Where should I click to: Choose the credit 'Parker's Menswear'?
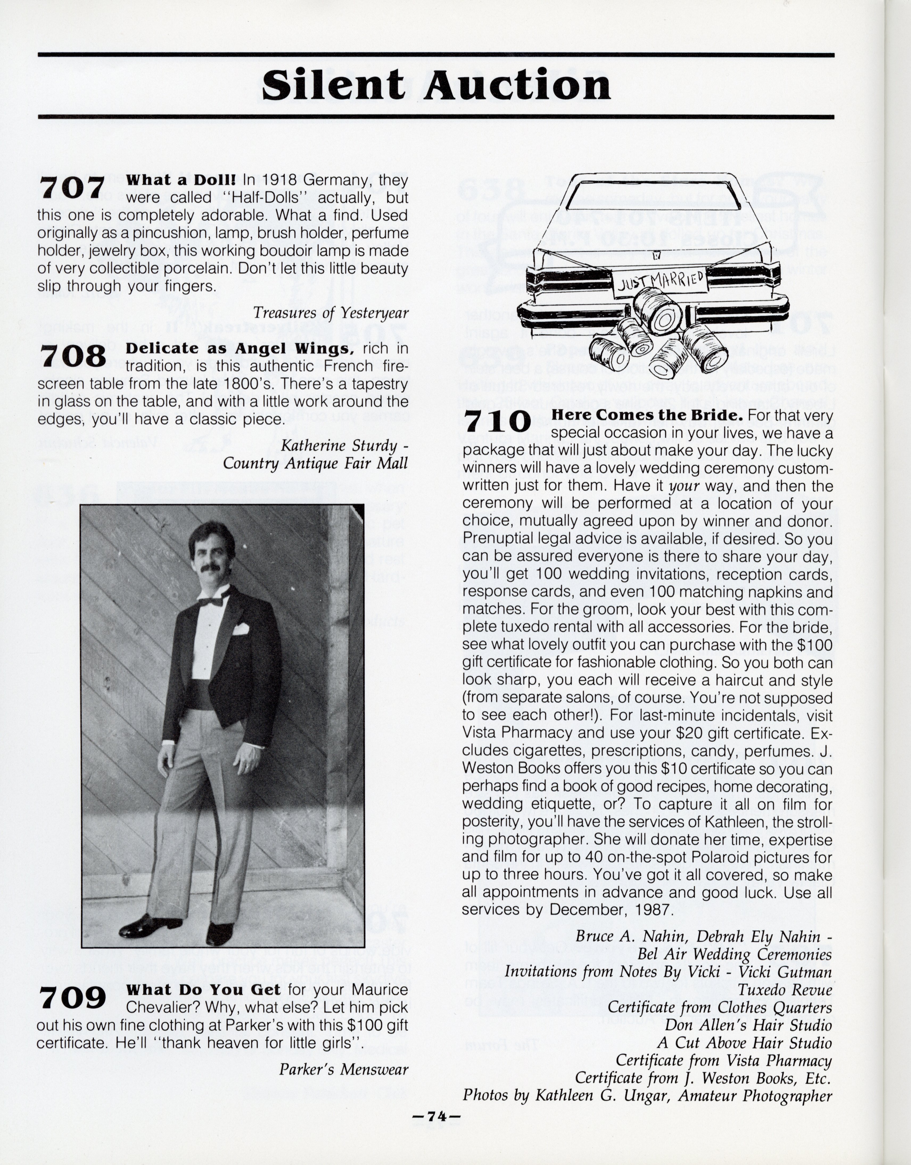pos(344,1069)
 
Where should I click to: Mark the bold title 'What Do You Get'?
pos(203,990)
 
